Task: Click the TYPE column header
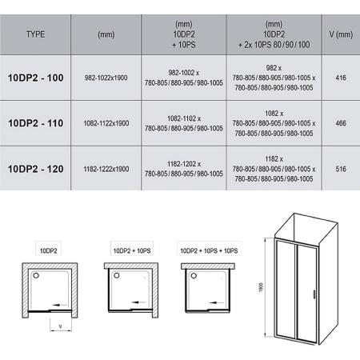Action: coord(35,34)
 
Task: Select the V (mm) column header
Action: coord(341,34)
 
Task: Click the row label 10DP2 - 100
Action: coord(36,78)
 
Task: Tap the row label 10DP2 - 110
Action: coord(36,123)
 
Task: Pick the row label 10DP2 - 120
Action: coord(36,169)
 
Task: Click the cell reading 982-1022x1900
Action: coord(106,78)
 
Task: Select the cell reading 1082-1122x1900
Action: coord(106,123)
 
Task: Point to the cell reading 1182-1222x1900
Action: coord(106,169)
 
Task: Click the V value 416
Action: coord(341,78)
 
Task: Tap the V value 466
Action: coord(341,123)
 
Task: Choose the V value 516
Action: coord(341,169)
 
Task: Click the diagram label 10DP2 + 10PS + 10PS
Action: coord(209,250)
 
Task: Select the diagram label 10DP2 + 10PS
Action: coord(132,250)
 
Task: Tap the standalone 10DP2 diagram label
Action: coord(48,250)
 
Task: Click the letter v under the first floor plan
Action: coord(61,326)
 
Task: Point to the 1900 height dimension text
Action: coord(262,287)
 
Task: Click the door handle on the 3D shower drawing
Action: coord(314,294)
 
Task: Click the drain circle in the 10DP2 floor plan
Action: coord(36,275)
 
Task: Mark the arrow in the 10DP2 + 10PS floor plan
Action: coord(138,302)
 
